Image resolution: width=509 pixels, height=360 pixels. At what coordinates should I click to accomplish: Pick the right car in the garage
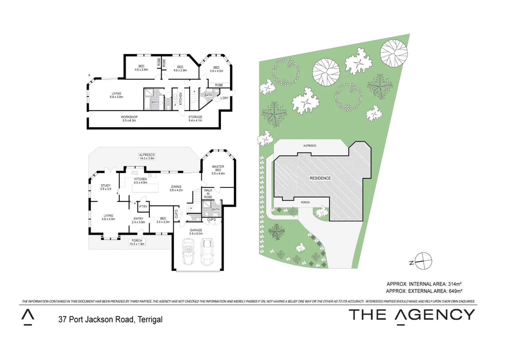[207, 251]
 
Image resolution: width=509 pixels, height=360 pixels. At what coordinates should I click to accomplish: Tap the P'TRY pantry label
[143, 207]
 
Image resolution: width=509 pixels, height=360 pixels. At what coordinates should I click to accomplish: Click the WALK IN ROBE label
[208, 194]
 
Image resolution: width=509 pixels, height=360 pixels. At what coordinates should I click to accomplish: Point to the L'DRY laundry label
[225, 98]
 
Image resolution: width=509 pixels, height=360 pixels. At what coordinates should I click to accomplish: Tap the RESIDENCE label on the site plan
[320, 178]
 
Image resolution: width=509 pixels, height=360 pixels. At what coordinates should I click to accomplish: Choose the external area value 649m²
[455, 291]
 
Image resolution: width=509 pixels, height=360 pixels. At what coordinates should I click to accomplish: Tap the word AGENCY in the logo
[435, 315]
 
